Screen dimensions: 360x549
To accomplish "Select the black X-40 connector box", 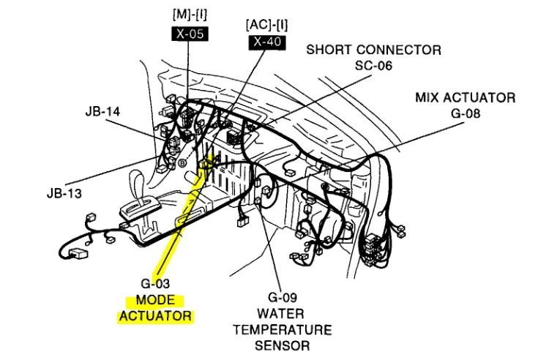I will point(266,42).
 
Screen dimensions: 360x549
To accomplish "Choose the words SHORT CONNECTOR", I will point(373,50).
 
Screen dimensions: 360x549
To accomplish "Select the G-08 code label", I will point(465,113).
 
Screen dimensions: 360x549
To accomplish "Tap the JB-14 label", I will point(102,112).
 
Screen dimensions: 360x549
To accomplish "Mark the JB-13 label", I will point(61,194).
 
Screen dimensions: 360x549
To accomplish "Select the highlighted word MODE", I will point(154,301).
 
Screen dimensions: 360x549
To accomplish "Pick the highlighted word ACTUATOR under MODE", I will point(154,317).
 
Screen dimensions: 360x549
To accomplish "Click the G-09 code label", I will point(282,299).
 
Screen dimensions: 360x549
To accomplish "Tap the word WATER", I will point(282,314).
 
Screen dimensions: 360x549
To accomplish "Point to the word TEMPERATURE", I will point(282,329).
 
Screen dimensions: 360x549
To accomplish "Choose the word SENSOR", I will point(282,345).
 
